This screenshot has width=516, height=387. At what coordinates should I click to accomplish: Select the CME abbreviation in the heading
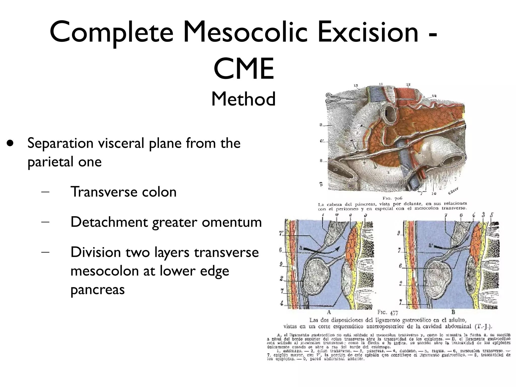click(x=244, y=69)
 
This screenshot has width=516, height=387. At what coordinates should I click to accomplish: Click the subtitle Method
click(x=243, y=99)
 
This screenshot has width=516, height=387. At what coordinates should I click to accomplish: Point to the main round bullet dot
click(x=10, y=143)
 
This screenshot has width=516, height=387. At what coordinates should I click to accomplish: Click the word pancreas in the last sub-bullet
click(x=98, y=289)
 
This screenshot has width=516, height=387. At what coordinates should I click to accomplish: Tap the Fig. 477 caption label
click(x=388, y=313)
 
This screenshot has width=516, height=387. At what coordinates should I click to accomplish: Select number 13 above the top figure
click(x=408, y=84)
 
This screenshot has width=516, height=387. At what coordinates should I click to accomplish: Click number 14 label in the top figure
click(x=434, y=96)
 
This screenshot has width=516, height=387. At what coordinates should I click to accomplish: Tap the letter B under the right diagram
click(x=453, y=312)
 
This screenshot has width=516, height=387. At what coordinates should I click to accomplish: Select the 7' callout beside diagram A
click(x=281, y=234)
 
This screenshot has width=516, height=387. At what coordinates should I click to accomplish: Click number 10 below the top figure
click(x=433, y=193)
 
